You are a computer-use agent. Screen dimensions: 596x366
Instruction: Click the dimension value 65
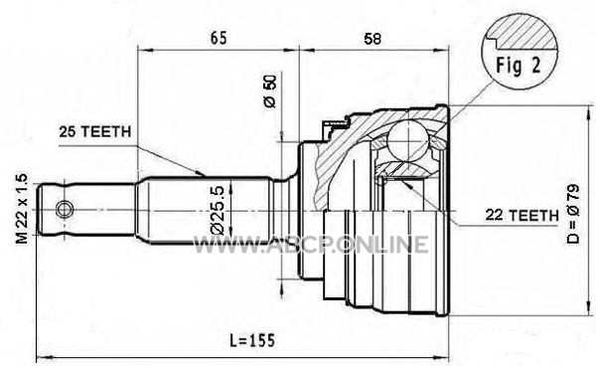point(219,38)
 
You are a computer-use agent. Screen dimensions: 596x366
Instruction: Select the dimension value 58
point(372,39)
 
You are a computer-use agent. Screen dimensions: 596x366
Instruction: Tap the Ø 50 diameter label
point(270,91)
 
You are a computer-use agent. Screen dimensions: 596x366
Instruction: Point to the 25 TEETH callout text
point(95,131)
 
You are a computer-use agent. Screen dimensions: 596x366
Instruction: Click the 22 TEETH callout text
point(521,216)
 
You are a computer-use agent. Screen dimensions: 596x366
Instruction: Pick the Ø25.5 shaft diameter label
point(220,210)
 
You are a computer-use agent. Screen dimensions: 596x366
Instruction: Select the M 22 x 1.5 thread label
point(22,209)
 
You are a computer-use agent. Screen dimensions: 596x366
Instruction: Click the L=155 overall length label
point(252,340)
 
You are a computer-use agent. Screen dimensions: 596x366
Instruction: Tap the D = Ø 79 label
point(573,214)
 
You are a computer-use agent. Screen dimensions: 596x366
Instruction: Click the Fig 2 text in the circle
point(518,66)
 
